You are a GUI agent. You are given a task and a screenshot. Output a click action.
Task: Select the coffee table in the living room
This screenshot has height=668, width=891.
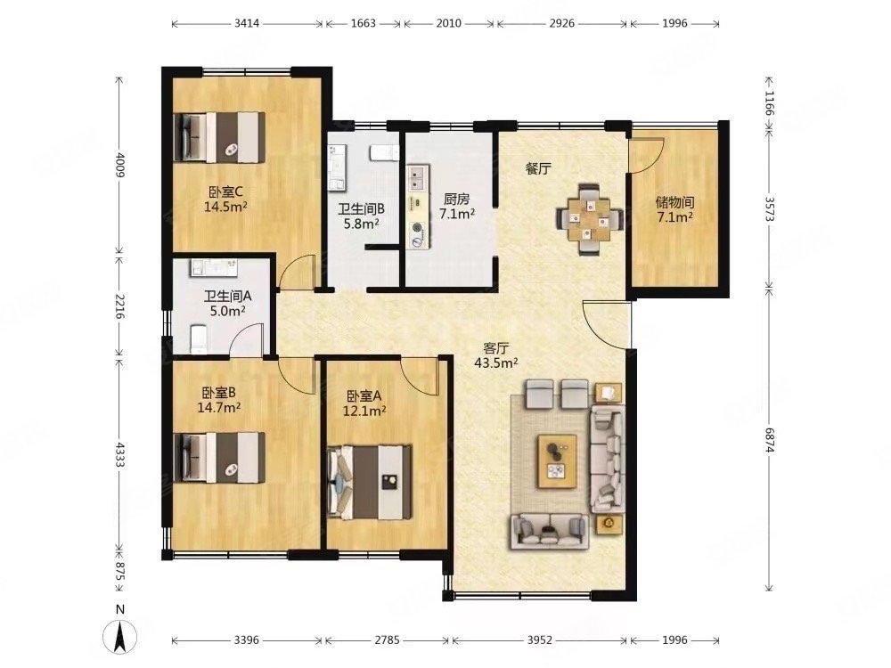pyautogui.click(x=558, y=461)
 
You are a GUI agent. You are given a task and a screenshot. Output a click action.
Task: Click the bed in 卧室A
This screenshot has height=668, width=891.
pyautogui.click(x=370, y=482)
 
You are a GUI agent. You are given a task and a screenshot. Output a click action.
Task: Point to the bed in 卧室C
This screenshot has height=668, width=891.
pyautogui.click(x=220, y=137)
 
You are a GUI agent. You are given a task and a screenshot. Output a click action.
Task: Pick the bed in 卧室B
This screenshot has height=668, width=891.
pyautogui.click(x=220, y=458)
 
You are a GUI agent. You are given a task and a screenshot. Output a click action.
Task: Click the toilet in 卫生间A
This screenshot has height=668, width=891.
pyautogui.click(x=199, y=338)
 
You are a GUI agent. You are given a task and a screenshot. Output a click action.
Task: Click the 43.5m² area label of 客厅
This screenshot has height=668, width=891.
pyautogui.click(x=496, y=363)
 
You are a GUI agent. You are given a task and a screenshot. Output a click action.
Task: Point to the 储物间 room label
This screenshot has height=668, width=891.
pyautogui.click(x=674, y=202)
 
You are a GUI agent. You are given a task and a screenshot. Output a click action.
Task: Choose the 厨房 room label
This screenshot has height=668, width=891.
pyautogui.click(x=457, y=200)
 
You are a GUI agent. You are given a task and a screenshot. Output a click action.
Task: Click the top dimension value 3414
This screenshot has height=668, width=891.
pyautogui.click(x=247, y=23)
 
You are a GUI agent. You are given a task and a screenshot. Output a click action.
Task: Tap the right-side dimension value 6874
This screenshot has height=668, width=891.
pyautogui.click(x=770, y=440)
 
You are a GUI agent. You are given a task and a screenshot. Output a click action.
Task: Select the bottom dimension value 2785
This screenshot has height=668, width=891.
pyautogui.click(x=387, y=640)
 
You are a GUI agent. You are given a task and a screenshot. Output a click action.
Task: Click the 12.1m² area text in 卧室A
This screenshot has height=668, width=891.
pyautogui.click(x=364, y=410)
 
